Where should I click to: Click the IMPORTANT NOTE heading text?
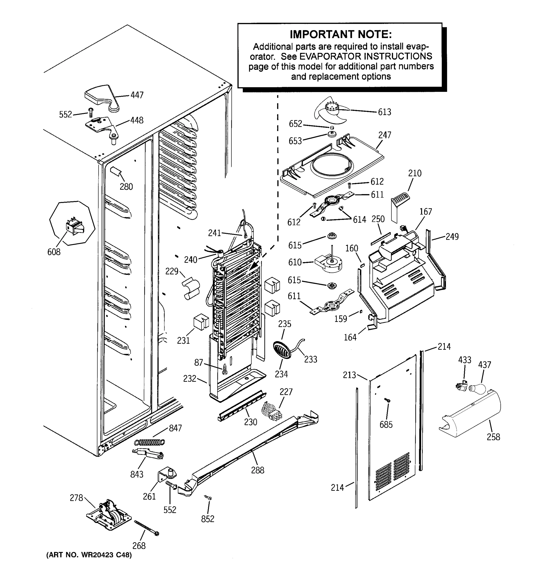[x=340, y=34]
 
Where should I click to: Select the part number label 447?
[x=137, y=95]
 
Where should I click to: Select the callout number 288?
[x=258, y=470]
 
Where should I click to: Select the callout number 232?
[x=190, y=379]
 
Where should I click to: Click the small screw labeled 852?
[x=208, y=497]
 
